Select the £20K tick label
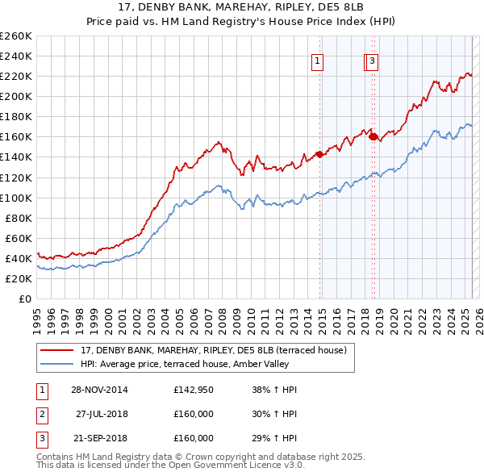[19, 278]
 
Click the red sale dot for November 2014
[320, 154]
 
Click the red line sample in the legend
[57, 350]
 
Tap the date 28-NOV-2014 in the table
[99, 390]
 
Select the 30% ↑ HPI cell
[274, 414]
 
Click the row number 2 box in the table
[40, 414]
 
